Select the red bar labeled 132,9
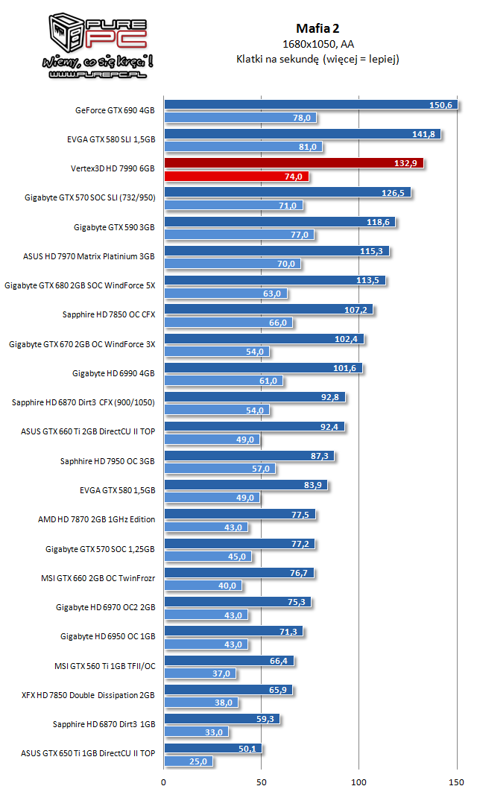[294, 163]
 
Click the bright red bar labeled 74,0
[236, 177]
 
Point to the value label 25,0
[199, 761]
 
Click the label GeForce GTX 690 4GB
[115, 110]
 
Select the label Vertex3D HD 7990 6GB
[111, 169]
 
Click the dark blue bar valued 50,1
[212, 748]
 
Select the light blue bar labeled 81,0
[243, 148]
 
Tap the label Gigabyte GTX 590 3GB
[113, 227]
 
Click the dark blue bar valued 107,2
[268, 309]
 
